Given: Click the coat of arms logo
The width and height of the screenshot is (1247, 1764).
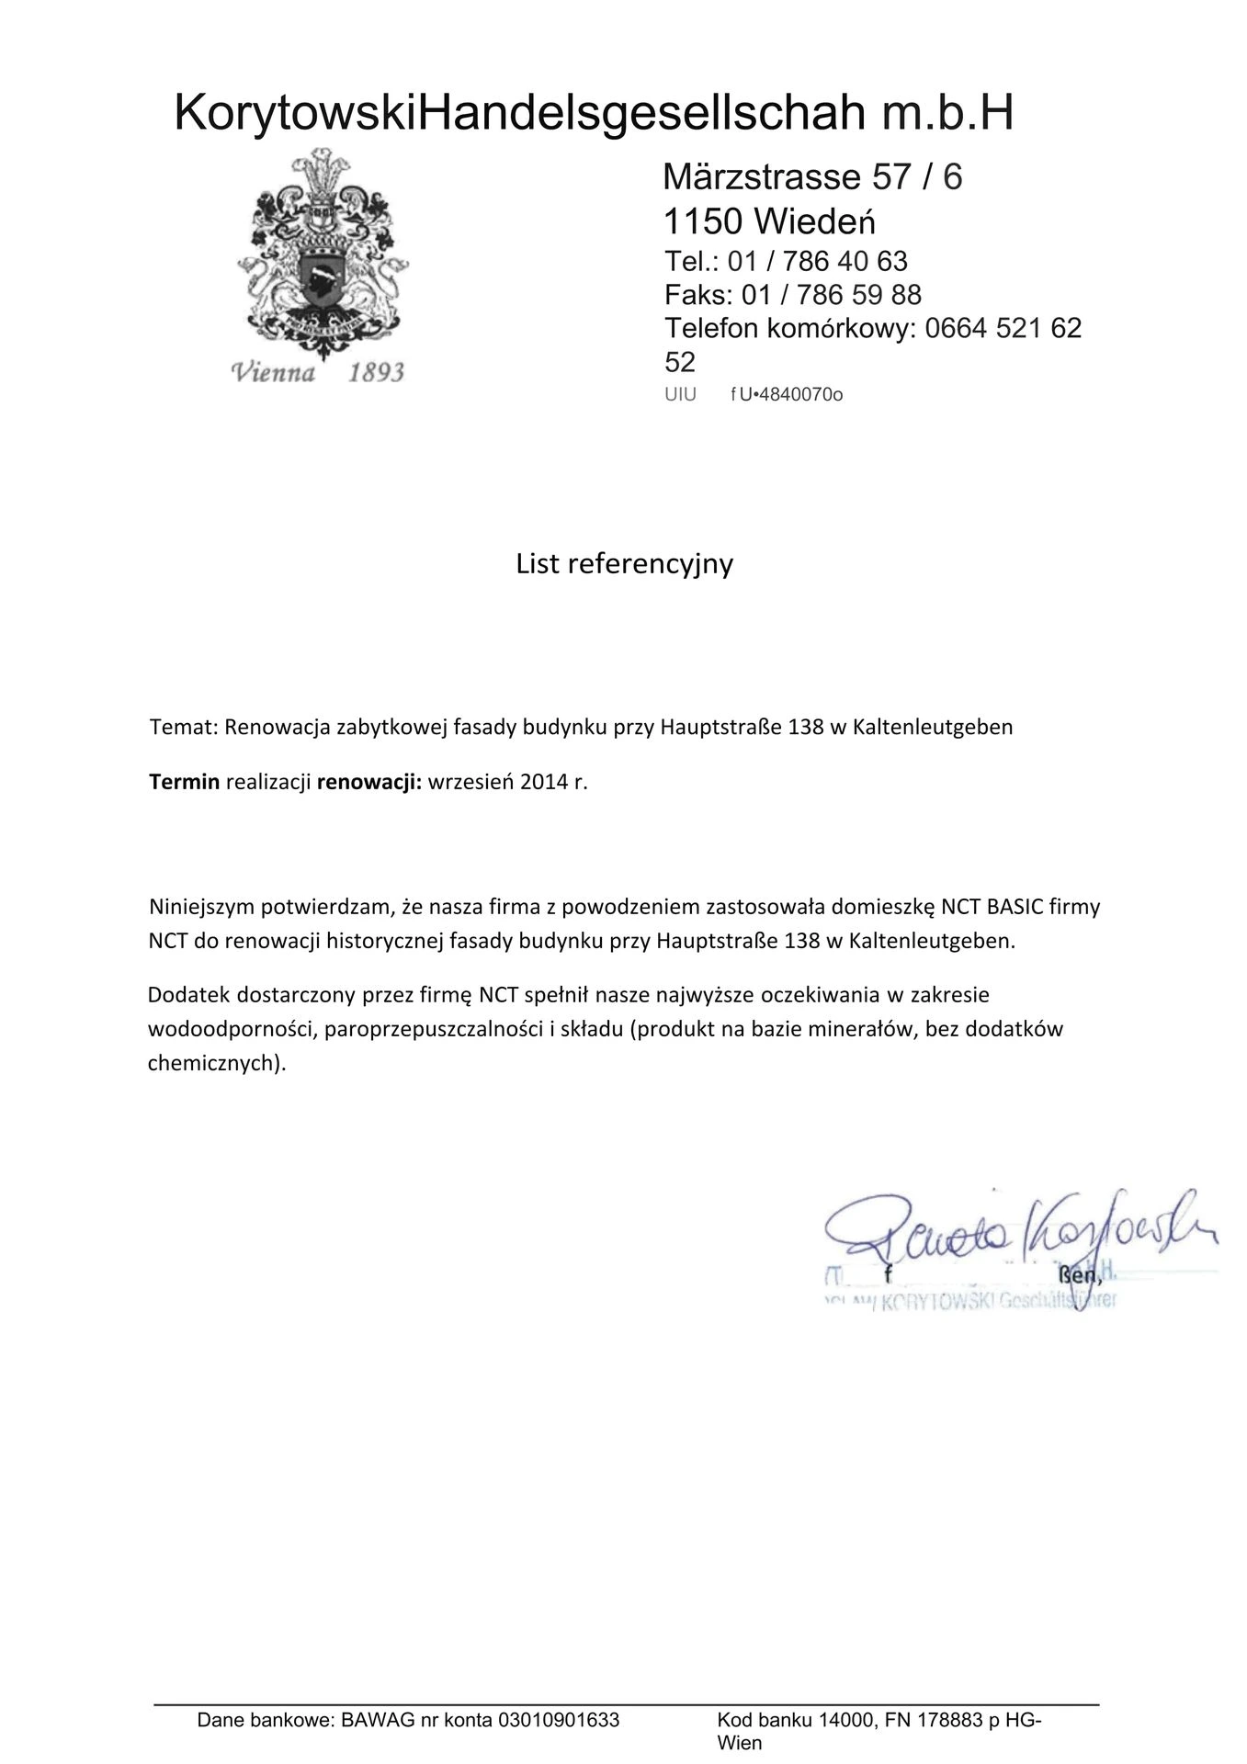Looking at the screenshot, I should coord(321,253).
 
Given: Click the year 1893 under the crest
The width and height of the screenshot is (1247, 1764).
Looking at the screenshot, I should coord(376,372).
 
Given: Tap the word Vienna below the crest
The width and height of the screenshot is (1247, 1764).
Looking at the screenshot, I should coord(273,372).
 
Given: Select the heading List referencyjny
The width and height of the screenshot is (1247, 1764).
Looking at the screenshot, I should coord(624,563).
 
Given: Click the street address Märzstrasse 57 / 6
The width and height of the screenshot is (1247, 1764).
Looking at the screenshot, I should coord(812,176).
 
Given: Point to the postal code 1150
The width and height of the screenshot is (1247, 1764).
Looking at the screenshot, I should coord(703,221).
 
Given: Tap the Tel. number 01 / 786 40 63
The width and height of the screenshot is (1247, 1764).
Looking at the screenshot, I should coord(817,262).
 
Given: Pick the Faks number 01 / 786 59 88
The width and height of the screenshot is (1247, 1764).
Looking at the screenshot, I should coord(831,295).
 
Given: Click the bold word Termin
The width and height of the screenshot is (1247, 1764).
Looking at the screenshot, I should coord(184,782).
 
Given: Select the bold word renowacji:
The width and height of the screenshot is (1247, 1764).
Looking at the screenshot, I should coord(368,782).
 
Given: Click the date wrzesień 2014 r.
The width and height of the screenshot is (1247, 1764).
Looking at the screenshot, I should coord(507,782).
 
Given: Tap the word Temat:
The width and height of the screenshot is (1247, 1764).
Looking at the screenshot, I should coord(184,727).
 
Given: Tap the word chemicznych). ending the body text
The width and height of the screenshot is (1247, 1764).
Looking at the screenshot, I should coord(217,1063).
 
